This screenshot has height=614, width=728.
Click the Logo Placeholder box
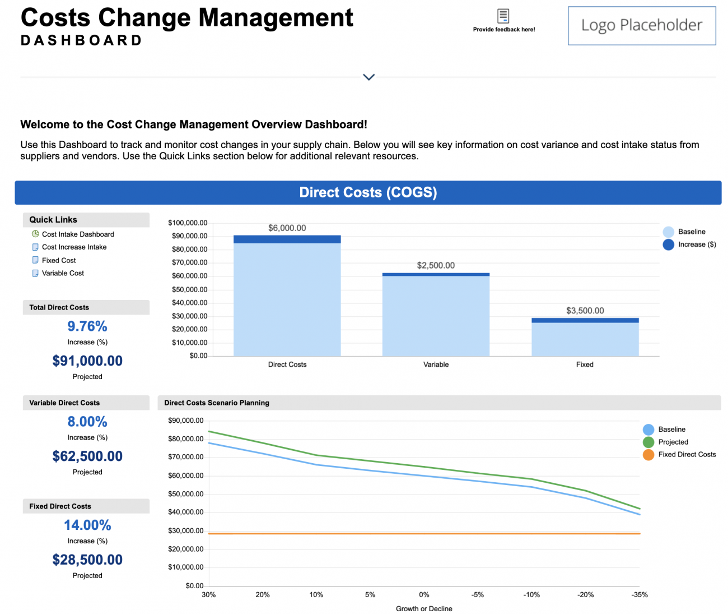[x=642, y=26]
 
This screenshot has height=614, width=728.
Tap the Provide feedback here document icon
[x=503, y=16]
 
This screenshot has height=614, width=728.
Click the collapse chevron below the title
[x=368, y=77]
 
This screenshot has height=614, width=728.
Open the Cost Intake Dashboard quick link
[x=78, y=234]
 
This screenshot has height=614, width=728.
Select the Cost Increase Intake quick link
[x=74, y=247]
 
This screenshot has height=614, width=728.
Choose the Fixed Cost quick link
[x=59, y=260]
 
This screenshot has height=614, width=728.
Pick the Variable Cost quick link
[x=63, y=273]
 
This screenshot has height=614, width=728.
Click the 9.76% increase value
[x=87, y=326]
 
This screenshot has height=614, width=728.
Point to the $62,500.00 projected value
[x=87, y=456]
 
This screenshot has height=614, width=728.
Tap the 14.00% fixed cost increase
[x=87, y=525]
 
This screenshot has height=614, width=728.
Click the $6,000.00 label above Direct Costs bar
[x=287, y=228]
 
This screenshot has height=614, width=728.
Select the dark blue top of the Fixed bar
[x=585, y=320]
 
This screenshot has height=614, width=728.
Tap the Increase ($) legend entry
[x=690, y=244]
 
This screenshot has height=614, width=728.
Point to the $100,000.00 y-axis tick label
[x=188, y=223]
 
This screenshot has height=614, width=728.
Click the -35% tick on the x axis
[x=640, y=595]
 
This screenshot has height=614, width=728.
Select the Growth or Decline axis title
[x=424, y=609]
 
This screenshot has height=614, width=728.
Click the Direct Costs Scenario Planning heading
[x=217, y=403]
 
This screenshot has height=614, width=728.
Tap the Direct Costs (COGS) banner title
[x=368, y=192]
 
